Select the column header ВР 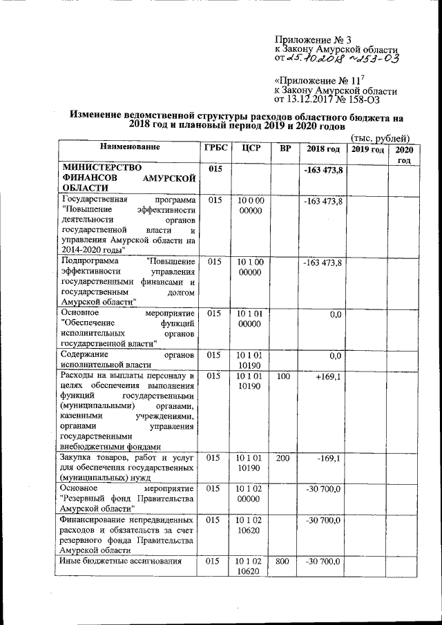pyautogui.click(x=282, y=149)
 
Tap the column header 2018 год pyautogui.click(x=323, y=149)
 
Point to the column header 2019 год pyautogui.click(x=367, y=149)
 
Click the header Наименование pyautogui.click(x=129, y=147)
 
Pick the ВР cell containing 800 pyautogui.click(x=282, y=563)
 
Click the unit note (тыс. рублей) pyautogui.click(x=380, y=137)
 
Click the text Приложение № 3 pyautogui.click(x=303, y=39)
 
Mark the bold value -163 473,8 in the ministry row pyautogui.click(x=324, y=170)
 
